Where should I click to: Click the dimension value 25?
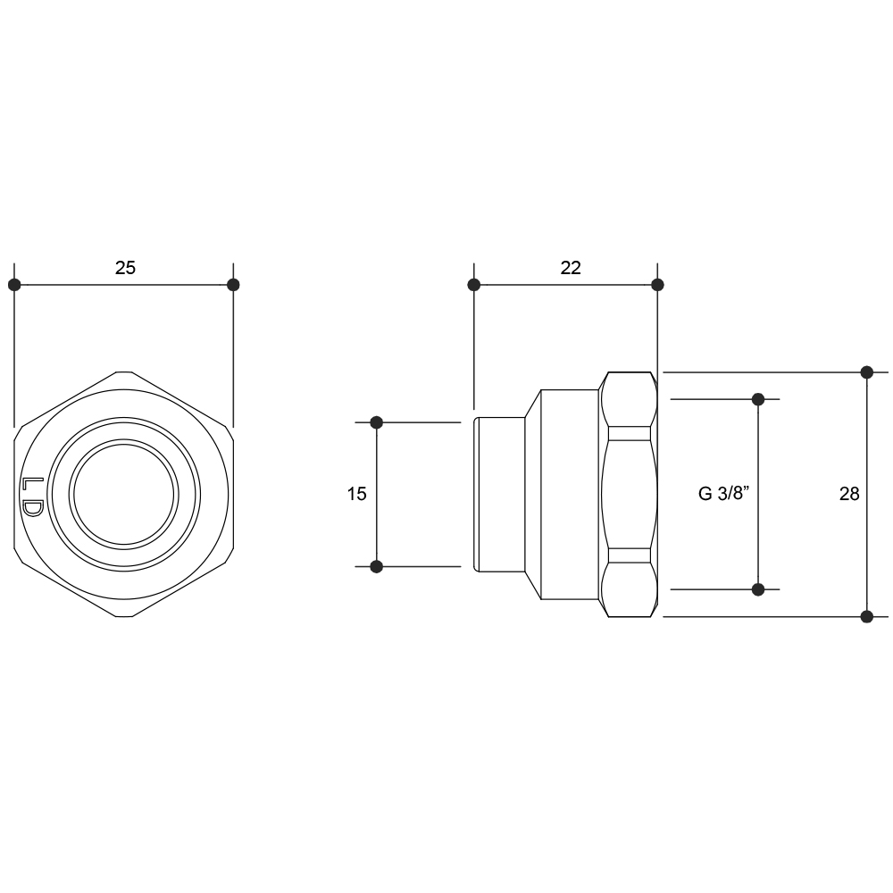(x=125, y=267)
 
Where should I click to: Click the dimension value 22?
(x=570, y=267)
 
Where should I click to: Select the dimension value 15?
(x=356, y=494)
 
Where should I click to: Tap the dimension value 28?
(x=849, y=494)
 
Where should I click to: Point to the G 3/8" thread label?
(x=723, y=493)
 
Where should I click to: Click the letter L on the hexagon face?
(x=32, y=484)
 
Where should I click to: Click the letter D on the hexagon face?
(x=32, y=509)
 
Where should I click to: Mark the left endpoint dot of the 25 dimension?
(x=15, y=284)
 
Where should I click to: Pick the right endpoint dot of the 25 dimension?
(x=233, y=284)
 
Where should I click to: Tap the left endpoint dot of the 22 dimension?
(x=474, y=284)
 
